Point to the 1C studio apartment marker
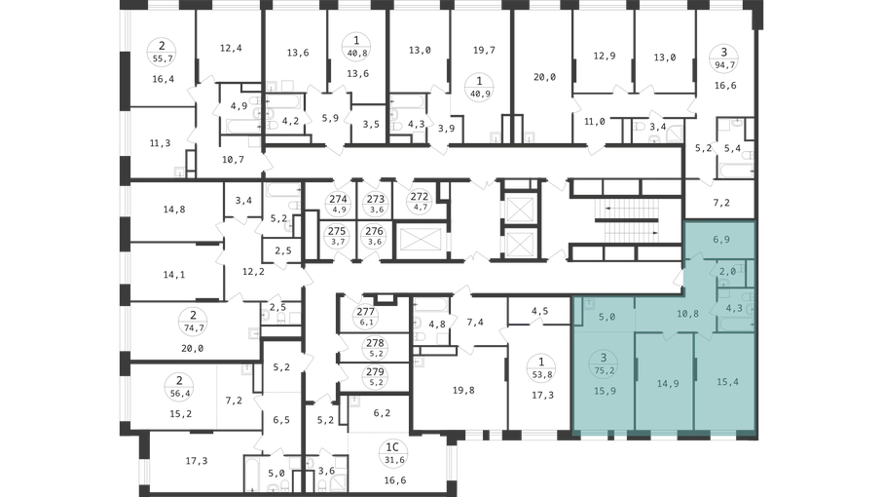[x=392, y=453]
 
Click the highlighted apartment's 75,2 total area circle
[x=604, y=363]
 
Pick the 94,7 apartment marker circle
[x=724, y=58]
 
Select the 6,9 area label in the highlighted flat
[x=721, y=240]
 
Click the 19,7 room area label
[x=484, y=50]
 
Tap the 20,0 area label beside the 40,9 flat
[x=544, y=77]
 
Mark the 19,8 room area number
[x=463, y=390]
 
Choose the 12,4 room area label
[x=231, y=48]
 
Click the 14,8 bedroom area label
[x=174, y=210]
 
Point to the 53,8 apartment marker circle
[x=541, y=367]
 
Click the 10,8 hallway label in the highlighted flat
[x=687, y=313]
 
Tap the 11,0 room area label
[x=595, y=121]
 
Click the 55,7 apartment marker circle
[x=162, y=52]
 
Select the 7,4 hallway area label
[x=475, y=322]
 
